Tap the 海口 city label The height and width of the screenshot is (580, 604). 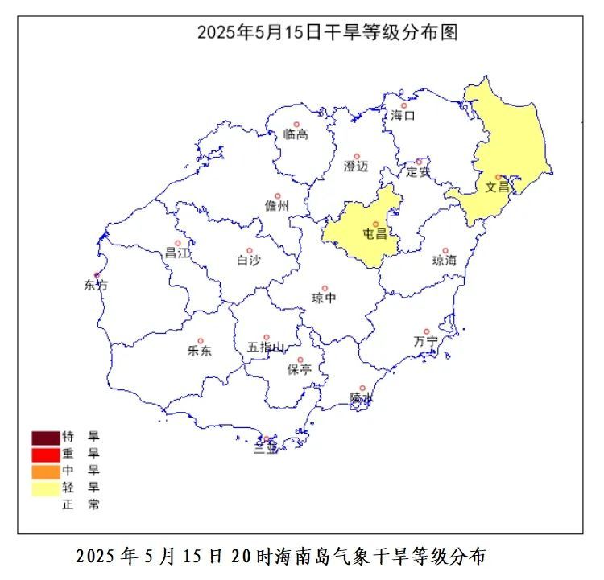[403, 116]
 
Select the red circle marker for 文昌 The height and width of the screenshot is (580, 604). [499, 177]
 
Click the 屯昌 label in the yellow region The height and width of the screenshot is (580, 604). [375, 235]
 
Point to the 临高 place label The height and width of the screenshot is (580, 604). [296, 134]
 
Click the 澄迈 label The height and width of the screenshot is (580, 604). [356, 167]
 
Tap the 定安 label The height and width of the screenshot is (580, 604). [418, 171]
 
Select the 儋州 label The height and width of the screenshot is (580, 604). [276, 206]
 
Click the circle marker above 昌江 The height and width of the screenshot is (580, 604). [178, 243]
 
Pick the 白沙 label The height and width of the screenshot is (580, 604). [248, 261]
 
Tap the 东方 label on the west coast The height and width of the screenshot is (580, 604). [95, 285]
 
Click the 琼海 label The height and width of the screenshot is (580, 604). [445, 261]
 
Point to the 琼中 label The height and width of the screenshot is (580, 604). [324, 298]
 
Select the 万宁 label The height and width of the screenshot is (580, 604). [425, 341]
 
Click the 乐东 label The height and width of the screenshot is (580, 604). [200, 351]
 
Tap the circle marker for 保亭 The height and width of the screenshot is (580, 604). [300, 360]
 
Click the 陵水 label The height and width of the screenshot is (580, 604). [362, 398]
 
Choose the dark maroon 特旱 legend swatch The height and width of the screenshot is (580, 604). [46, 438]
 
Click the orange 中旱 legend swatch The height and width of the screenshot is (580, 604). [46, 471]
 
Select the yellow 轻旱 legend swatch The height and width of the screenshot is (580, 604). [46, 487]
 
